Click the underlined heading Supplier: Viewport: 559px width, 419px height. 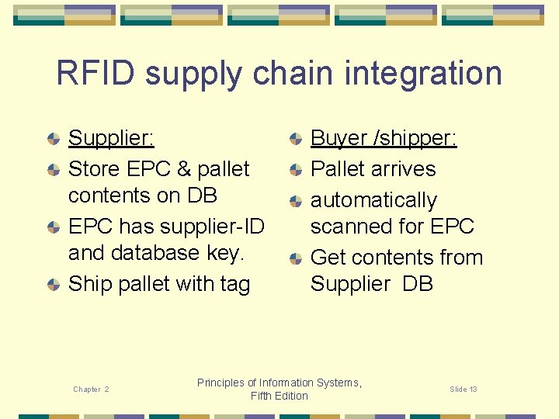pyautogui.click(x=111, y=139)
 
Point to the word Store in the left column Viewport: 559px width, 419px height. pyautogui.click(x=92, y=169)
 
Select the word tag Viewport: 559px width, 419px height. pyautogui.click(x=234, y=285)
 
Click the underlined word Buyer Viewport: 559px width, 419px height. pyautogui.click(x=339, y=139)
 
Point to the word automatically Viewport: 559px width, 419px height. pyautogui.click(x=373, y=200)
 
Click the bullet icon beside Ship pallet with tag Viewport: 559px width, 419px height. pyautogui.click(x=53, y=285)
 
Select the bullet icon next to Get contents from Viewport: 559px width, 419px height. pyautogui.click(x=295, y=258)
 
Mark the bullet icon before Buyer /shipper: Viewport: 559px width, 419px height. pyautogui.click(x=295, y=139)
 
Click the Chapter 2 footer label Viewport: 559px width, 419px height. pyautogui.click(x=91, y=390)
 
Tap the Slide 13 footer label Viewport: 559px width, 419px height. pyautogui.click(x=464, y=390)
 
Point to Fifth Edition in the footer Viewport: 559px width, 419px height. pyautogui.click(x=279, y=396)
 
